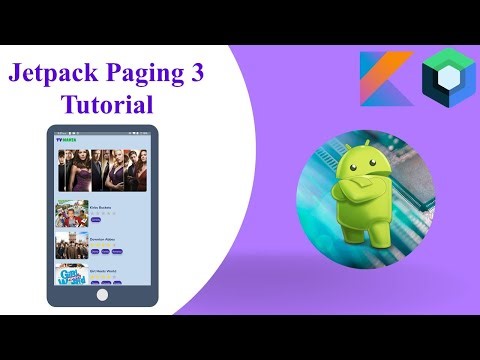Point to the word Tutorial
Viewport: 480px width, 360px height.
[x=108, y=104]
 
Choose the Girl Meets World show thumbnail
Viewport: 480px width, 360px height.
[x=72, y=275]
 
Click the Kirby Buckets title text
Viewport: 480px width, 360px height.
[x=101, y=208]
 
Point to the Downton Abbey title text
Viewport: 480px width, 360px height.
[x=104, y=239]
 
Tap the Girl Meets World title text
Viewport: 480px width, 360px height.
[x=105, y=269]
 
